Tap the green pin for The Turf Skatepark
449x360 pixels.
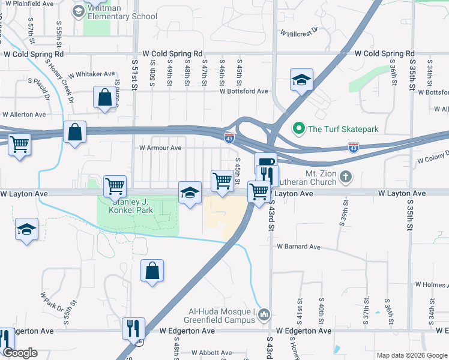click(x=297, y=128)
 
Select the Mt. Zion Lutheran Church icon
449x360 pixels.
click(x=345, y=176)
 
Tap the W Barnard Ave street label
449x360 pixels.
click(x=298, y=247)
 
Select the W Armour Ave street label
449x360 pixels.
click(x=160, y=148)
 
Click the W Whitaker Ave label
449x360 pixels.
click(x=91, y=74)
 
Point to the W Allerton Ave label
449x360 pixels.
click(x=24, y=114)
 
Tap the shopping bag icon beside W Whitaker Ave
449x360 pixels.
click(x=104, y=97)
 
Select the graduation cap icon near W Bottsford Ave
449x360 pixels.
click(x=301, y=80)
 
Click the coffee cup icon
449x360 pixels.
click(x=264, y=162)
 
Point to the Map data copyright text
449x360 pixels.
click(x=412, y=355)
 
